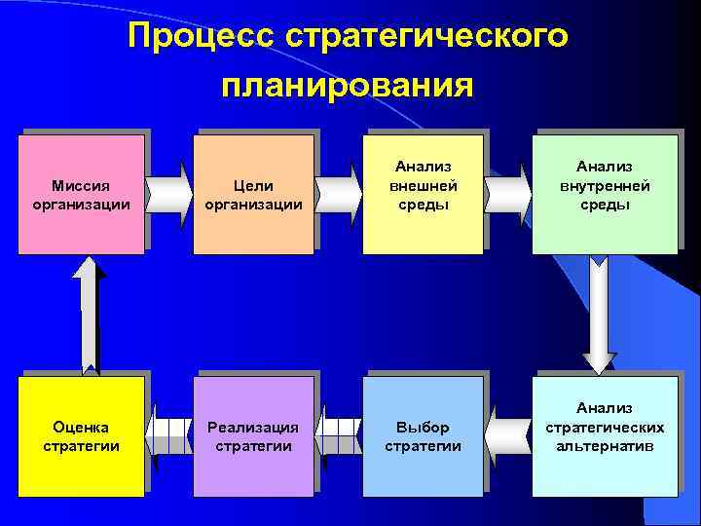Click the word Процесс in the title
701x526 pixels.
[x=201, y=37]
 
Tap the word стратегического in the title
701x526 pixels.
[x=426, y=37]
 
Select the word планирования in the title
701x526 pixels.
[x=347, y=85]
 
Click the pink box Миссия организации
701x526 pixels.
[x=84, y=194]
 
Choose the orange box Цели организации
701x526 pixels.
[x=254, y=194]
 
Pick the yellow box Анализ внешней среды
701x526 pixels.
[x=424, y=194]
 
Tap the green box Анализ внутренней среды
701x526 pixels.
[x=604, y=194]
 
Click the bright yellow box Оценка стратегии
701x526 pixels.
[x=82, y=436]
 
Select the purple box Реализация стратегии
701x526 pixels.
[x=254, y=436]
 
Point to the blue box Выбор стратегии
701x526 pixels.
[x=424, y=436]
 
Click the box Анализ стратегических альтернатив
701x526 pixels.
[x=604, y=436]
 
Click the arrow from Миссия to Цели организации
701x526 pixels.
[x=169, y=187]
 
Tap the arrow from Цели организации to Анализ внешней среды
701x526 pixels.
[x=340, y=187]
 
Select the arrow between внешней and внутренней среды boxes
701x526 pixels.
[x=507, y=187]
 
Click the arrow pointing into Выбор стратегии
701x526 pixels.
[x=507, y=429]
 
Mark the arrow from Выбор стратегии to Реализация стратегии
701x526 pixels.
[x=340, y=429]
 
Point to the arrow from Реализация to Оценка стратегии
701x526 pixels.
[x=169, y=429]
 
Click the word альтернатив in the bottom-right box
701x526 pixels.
[x=605, y=446]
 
